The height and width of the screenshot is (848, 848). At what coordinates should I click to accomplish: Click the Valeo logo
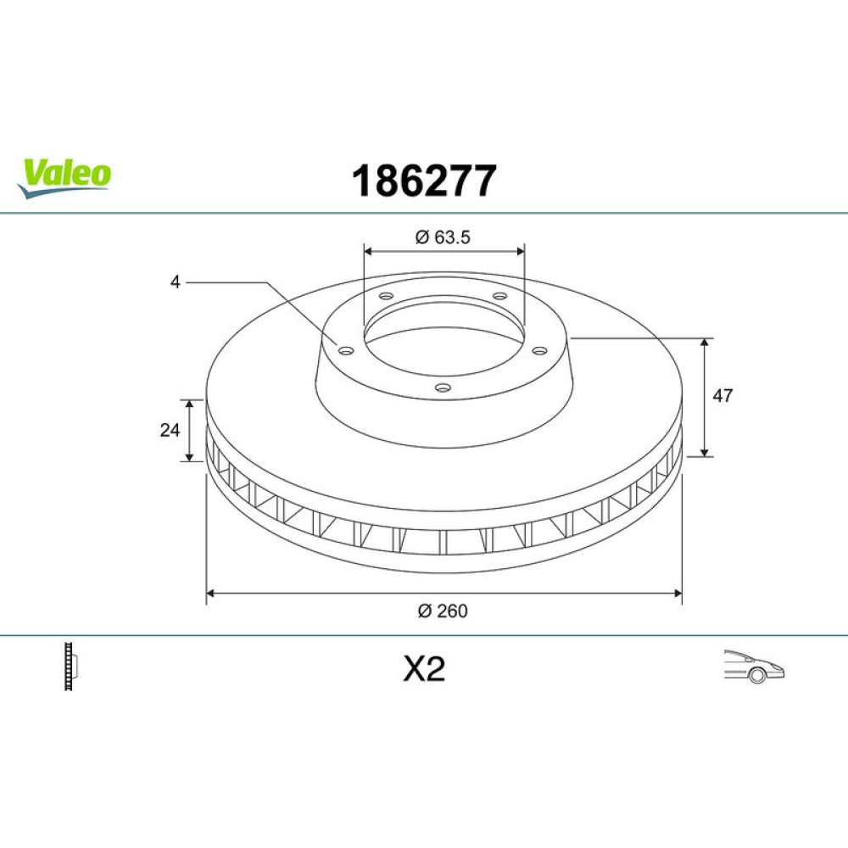click(x=64, y=178)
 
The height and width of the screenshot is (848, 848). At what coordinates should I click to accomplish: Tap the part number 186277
click(x=423, y=181)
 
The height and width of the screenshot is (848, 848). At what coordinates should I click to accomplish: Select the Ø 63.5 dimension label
click(x=443, y=237)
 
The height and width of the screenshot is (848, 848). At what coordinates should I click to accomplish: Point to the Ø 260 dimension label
click(x=443, y=611)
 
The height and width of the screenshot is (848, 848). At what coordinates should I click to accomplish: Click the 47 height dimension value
click(x=722, y=396)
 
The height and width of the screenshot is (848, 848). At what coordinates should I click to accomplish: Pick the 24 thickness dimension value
click(x=170, y=430)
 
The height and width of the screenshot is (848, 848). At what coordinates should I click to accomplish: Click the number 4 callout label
click(x=175, y=282)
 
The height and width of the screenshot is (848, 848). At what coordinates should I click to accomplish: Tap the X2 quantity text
click(x=424, y=669)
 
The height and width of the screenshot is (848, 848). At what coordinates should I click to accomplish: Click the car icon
click(x=754, y=667)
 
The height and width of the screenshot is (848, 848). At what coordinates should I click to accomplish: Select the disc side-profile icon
click(x=71, y=666)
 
